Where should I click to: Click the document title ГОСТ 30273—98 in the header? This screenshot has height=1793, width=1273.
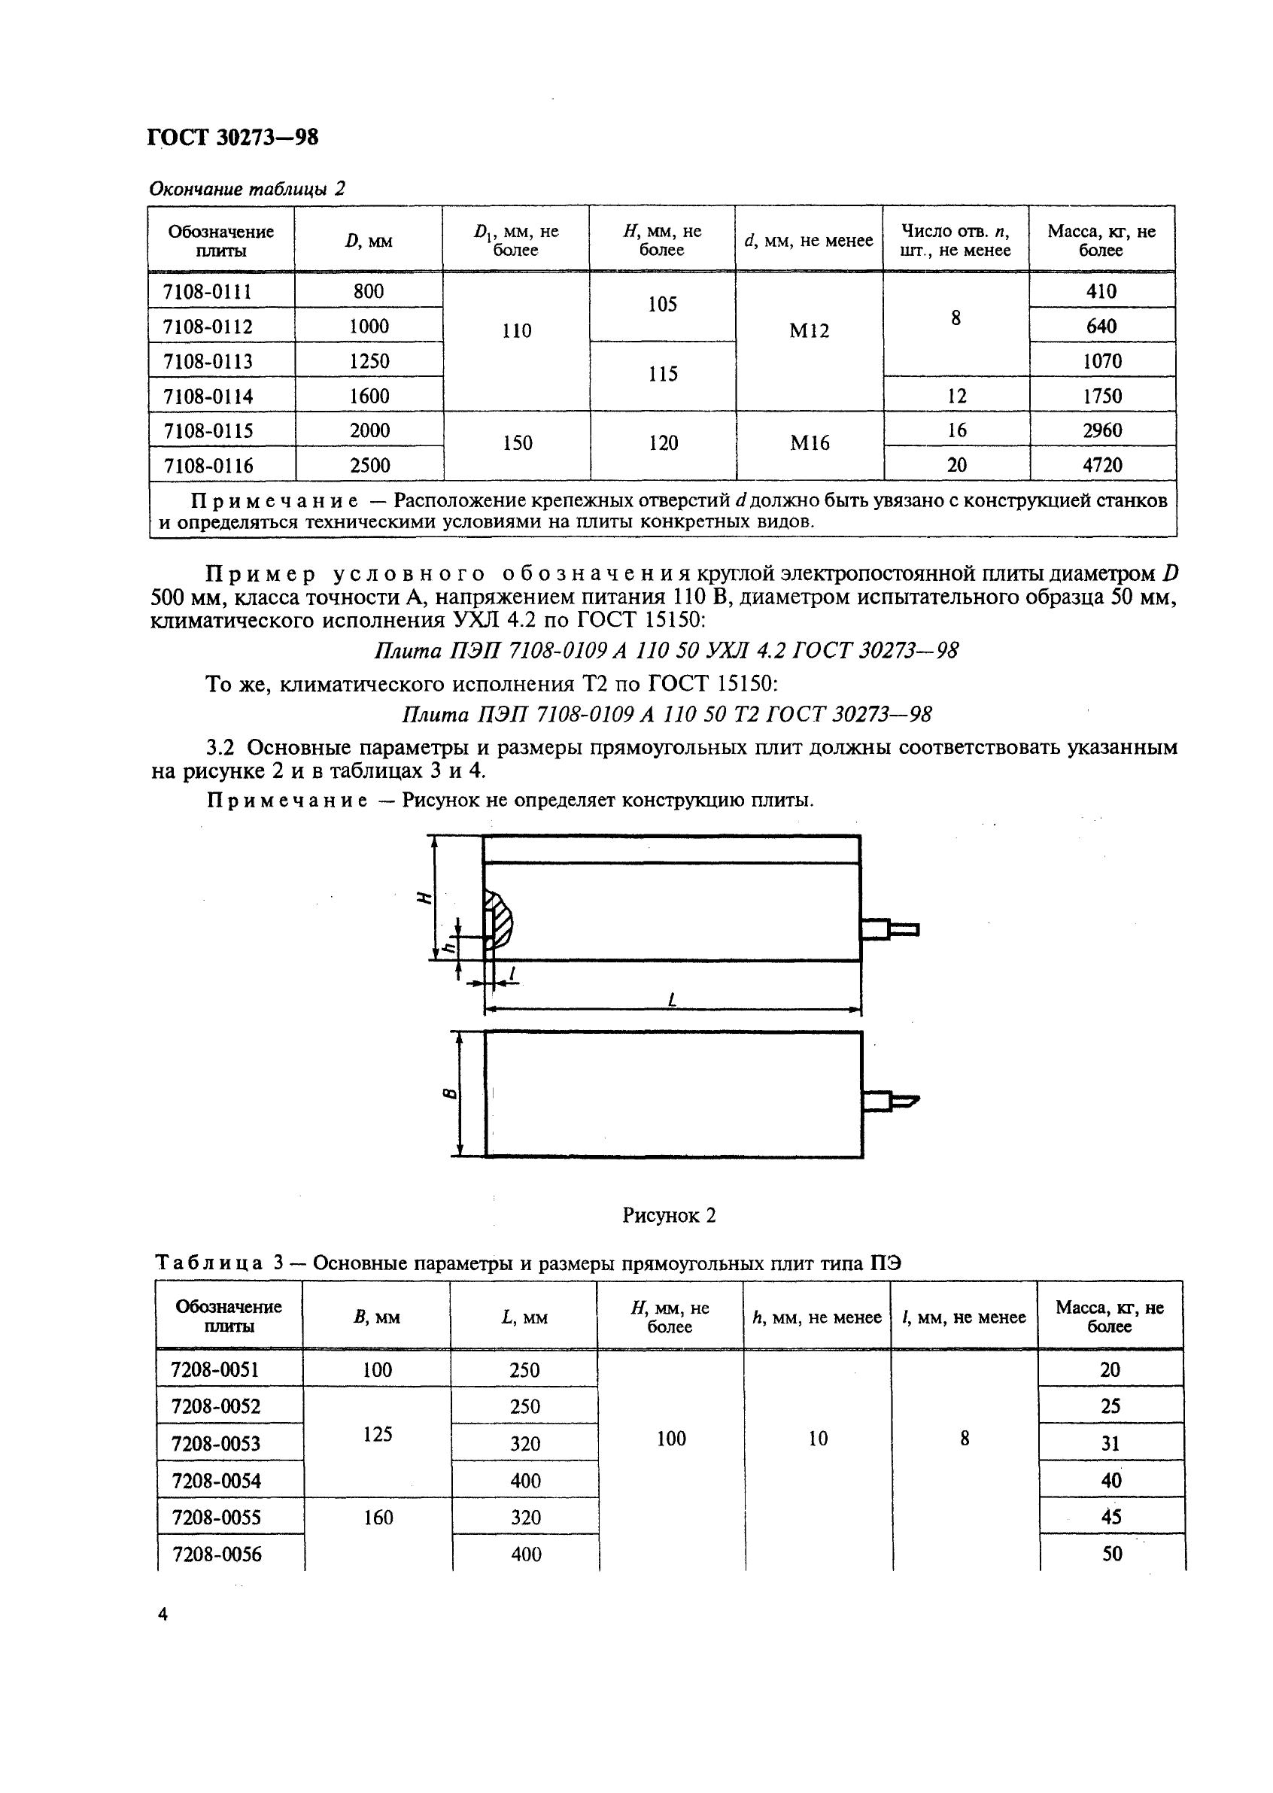(x=232, y=137)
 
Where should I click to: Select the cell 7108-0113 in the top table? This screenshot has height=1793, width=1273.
(x=208, y=361)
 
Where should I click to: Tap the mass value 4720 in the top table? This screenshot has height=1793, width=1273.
(x=1102, y=466)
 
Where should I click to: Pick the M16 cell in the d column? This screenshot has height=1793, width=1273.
(x=809, y=444)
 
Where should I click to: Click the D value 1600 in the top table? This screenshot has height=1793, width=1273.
(x=369, y=396)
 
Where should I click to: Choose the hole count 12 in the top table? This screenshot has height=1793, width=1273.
(x=956, y=396)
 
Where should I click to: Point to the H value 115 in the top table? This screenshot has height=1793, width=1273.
(x=662, y=374)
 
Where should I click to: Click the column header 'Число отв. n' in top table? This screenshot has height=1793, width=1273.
(x=956, y=240)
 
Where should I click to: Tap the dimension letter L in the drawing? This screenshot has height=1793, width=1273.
(x=672, y=1000)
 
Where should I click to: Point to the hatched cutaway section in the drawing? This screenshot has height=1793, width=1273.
(x=500, y=919)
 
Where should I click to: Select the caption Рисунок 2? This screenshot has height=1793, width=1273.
(x=669, y=1215)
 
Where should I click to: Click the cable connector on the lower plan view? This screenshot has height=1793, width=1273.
(x=891, y=1101)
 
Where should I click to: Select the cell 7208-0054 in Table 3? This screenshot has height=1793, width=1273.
(x=216, y=1481)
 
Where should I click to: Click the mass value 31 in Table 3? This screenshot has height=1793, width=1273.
(x=1110, y=1443)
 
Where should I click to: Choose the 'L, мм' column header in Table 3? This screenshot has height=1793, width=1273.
(x=524, y=1318)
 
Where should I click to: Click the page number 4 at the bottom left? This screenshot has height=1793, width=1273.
(x=163, y=1614)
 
